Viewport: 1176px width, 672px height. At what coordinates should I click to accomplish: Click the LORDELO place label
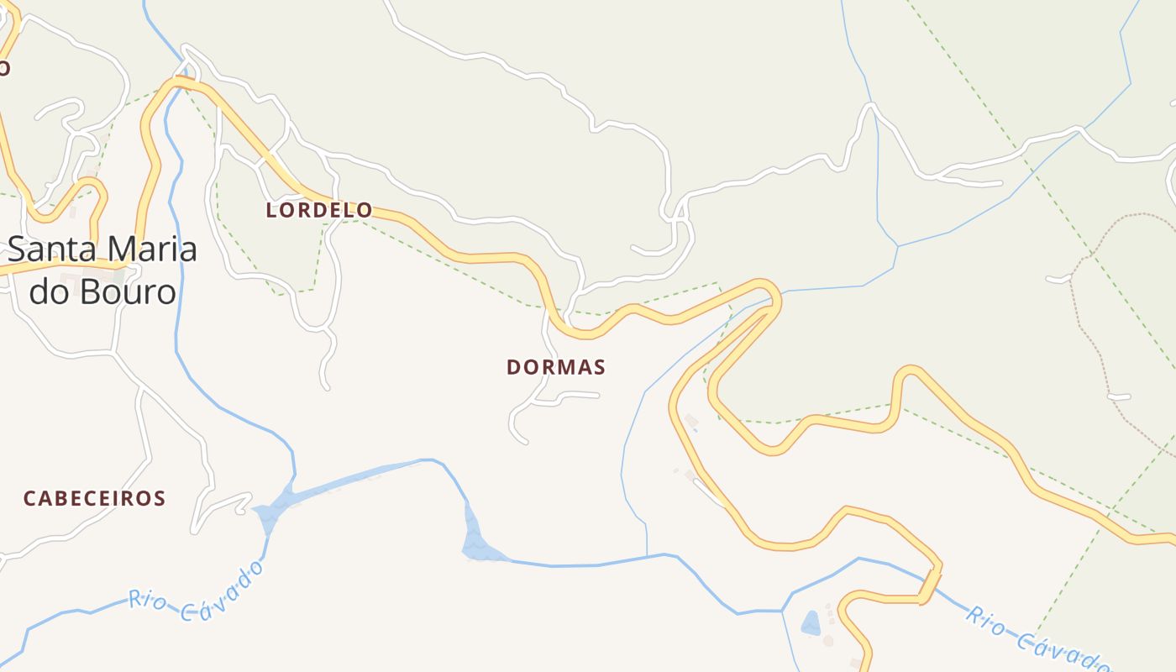coord(319,210)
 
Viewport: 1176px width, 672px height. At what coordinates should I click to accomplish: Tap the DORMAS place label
coord(556,367)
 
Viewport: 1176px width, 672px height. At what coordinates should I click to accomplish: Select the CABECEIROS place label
coord(94,498)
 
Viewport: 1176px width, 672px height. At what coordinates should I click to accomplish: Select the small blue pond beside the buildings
coord(811,622)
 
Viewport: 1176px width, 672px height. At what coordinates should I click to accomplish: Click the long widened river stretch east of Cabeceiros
coord(344,483)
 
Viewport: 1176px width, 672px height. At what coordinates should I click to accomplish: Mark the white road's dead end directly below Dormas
coord(524,440)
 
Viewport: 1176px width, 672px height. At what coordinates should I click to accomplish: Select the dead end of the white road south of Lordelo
coord(326,387)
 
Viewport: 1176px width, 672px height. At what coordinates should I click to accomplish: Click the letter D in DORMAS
coord(513,367)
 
